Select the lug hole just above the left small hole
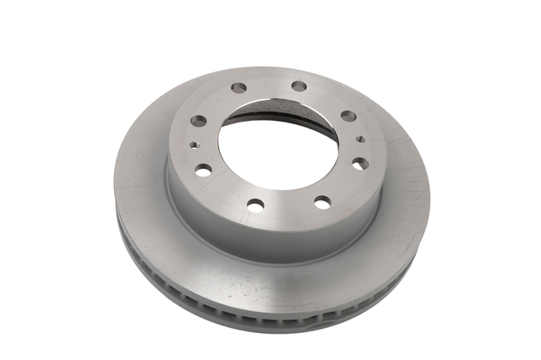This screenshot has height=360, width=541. (199, 121)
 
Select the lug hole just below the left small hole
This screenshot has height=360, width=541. (203, 170)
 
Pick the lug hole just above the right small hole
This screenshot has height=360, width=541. (348, 116)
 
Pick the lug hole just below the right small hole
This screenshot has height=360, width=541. (360, 163)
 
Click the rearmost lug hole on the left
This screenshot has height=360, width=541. (239, 88)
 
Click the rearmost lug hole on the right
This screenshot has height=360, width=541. (299, 86)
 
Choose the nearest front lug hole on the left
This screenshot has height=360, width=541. (255, 204)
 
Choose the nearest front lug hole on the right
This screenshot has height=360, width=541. (322, 201)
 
